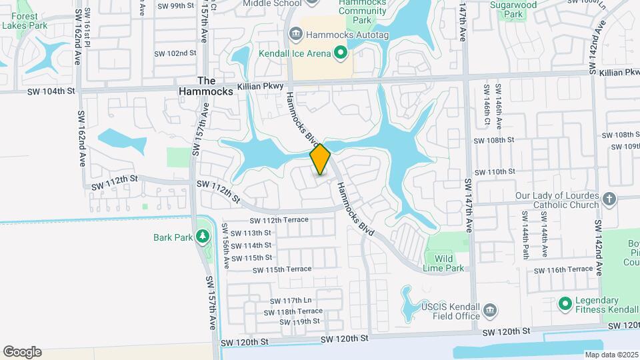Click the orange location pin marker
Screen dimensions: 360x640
[321, 159]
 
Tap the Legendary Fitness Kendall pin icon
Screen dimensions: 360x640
[565, 304]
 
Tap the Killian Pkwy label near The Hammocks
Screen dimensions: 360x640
[267, 86]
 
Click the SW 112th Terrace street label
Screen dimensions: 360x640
[279, 220]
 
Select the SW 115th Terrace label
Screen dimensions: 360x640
[282, 269]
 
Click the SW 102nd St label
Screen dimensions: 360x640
[175, 53]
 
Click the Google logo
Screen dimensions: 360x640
[22, 352]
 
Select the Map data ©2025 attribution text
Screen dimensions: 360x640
[611, 355]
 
